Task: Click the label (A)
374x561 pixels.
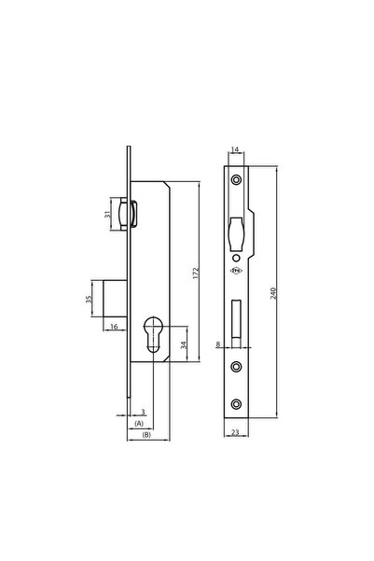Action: [140, 424]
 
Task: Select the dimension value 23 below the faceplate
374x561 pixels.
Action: [236, 432]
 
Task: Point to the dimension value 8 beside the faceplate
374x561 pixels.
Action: [217, 345]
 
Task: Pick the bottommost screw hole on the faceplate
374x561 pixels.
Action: [236, 403]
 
